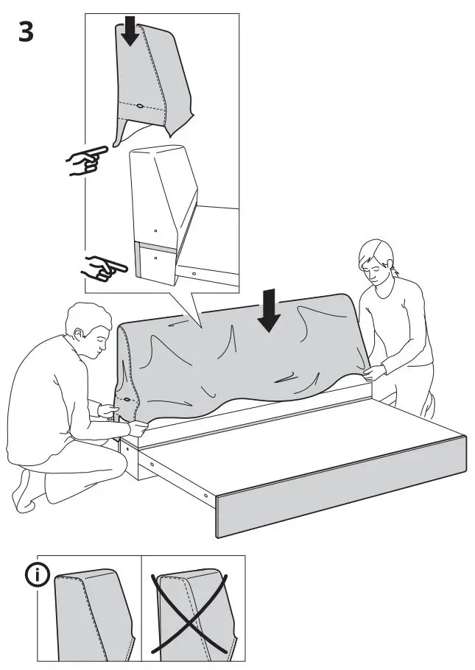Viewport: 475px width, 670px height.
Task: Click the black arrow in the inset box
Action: point(130,32)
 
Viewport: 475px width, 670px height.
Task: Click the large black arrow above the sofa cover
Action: point(270,309)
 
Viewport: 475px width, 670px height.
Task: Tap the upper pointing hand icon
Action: point(85,159)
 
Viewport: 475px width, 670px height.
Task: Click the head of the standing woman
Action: point(376,260)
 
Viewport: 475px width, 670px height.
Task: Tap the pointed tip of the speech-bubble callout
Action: point(200,325)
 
